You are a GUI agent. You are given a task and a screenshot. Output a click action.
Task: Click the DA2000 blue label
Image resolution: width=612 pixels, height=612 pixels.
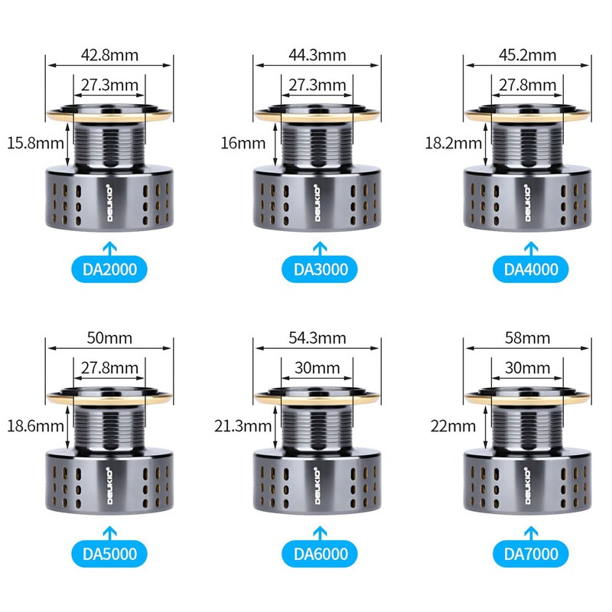coord(109,269)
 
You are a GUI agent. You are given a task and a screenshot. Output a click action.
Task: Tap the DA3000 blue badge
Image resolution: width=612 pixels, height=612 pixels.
coord(320,269)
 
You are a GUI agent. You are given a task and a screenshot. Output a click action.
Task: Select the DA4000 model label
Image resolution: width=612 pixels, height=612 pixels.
coord(531,269)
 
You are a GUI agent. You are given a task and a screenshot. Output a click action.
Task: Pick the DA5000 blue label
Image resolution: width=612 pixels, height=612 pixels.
coord(109,554)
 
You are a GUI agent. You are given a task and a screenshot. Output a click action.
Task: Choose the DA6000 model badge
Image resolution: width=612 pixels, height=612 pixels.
coord(320,554)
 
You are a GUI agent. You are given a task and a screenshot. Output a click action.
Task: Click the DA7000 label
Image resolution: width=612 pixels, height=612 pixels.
coord(531,554)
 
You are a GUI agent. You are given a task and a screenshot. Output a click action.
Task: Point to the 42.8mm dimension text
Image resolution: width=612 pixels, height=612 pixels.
coord(109,55)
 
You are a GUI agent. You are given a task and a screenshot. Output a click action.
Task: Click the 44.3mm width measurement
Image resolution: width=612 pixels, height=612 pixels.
coord(317,55)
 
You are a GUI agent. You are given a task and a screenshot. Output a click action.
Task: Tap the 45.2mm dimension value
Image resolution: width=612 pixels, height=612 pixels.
coord(528,55)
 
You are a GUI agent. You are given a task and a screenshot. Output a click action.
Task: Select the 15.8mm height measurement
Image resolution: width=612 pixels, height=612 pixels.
coord(35,143)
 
